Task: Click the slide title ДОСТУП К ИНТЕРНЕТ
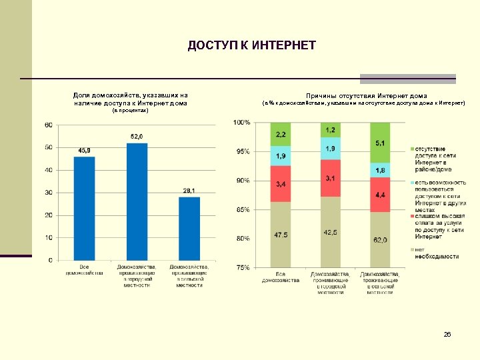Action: click(x=251, y=45)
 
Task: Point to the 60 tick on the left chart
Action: click(x=49, y=125)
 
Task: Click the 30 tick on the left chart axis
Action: click(x=49, y=193)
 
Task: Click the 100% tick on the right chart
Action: click(x=241, y=123)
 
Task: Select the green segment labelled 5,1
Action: click(x=379, y=142)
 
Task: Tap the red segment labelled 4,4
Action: click(x=379, y=195)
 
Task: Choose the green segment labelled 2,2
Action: click(x=281, y=134)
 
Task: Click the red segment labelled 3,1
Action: click(x=331, y=178)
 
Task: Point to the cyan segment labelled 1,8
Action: click(x=379, y=171)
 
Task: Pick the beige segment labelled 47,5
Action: click(x=281, y=234)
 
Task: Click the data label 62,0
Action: click(x=380, y=239)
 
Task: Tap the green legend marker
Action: click(x=413, y=149)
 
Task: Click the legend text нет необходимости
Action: click(x=437, y=253)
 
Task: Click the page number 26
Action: click(x=447, y=334)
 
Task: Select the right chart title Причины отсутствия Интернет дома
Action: click(x=366, y=96)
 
